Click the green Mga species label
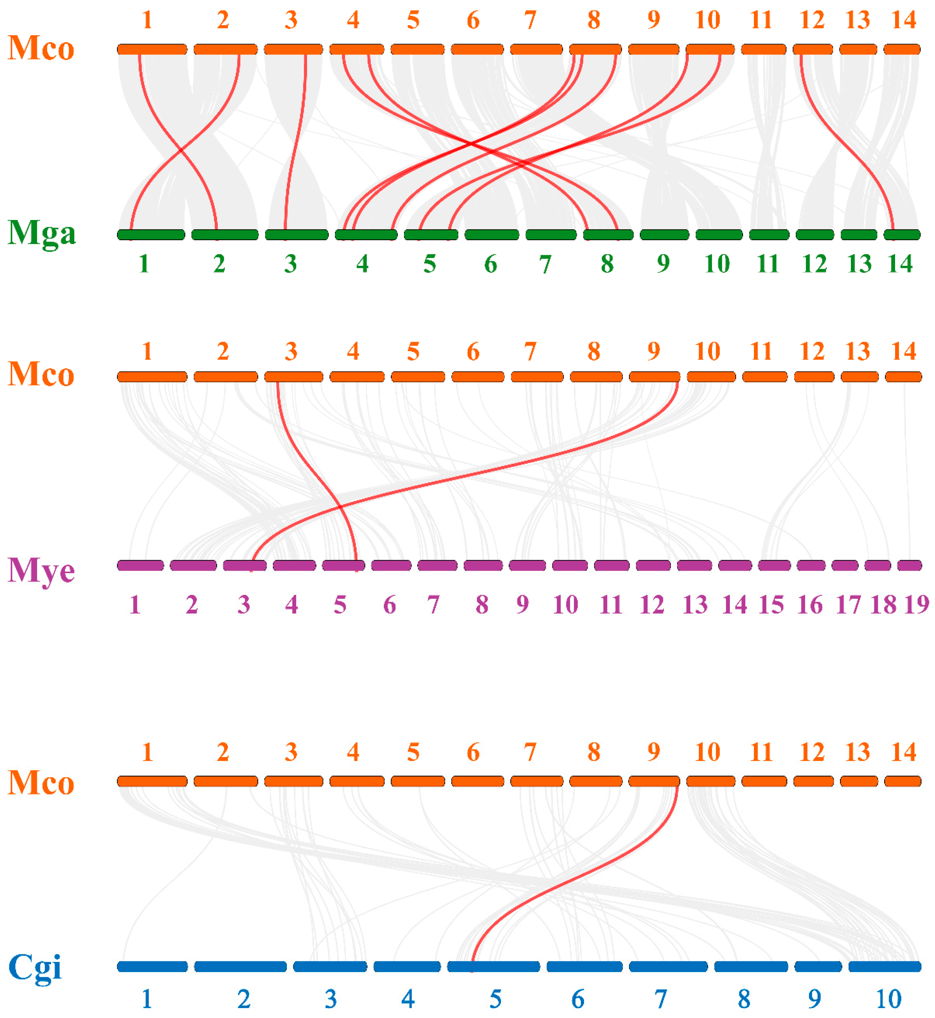click(42, 233)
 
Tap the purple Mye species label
click(42, 570)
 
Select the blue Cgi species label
click(35, 967)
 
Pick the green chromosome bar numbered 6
click(491, 235)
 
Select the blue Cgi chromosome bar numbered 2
click(240, 967)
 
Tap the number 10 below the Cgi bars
click(888, 999)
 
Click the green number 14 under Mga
click(900, 264)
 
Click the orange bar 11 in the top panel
click(764, 49)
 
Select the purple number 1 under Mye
click(135, 605)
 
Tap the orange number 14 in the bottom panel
click(904, 752)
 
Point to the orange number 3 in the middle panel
click(291, 351)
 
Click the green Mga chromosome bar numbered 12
click(815, 235)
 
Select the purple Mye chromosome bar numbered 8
click(483, 565)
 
